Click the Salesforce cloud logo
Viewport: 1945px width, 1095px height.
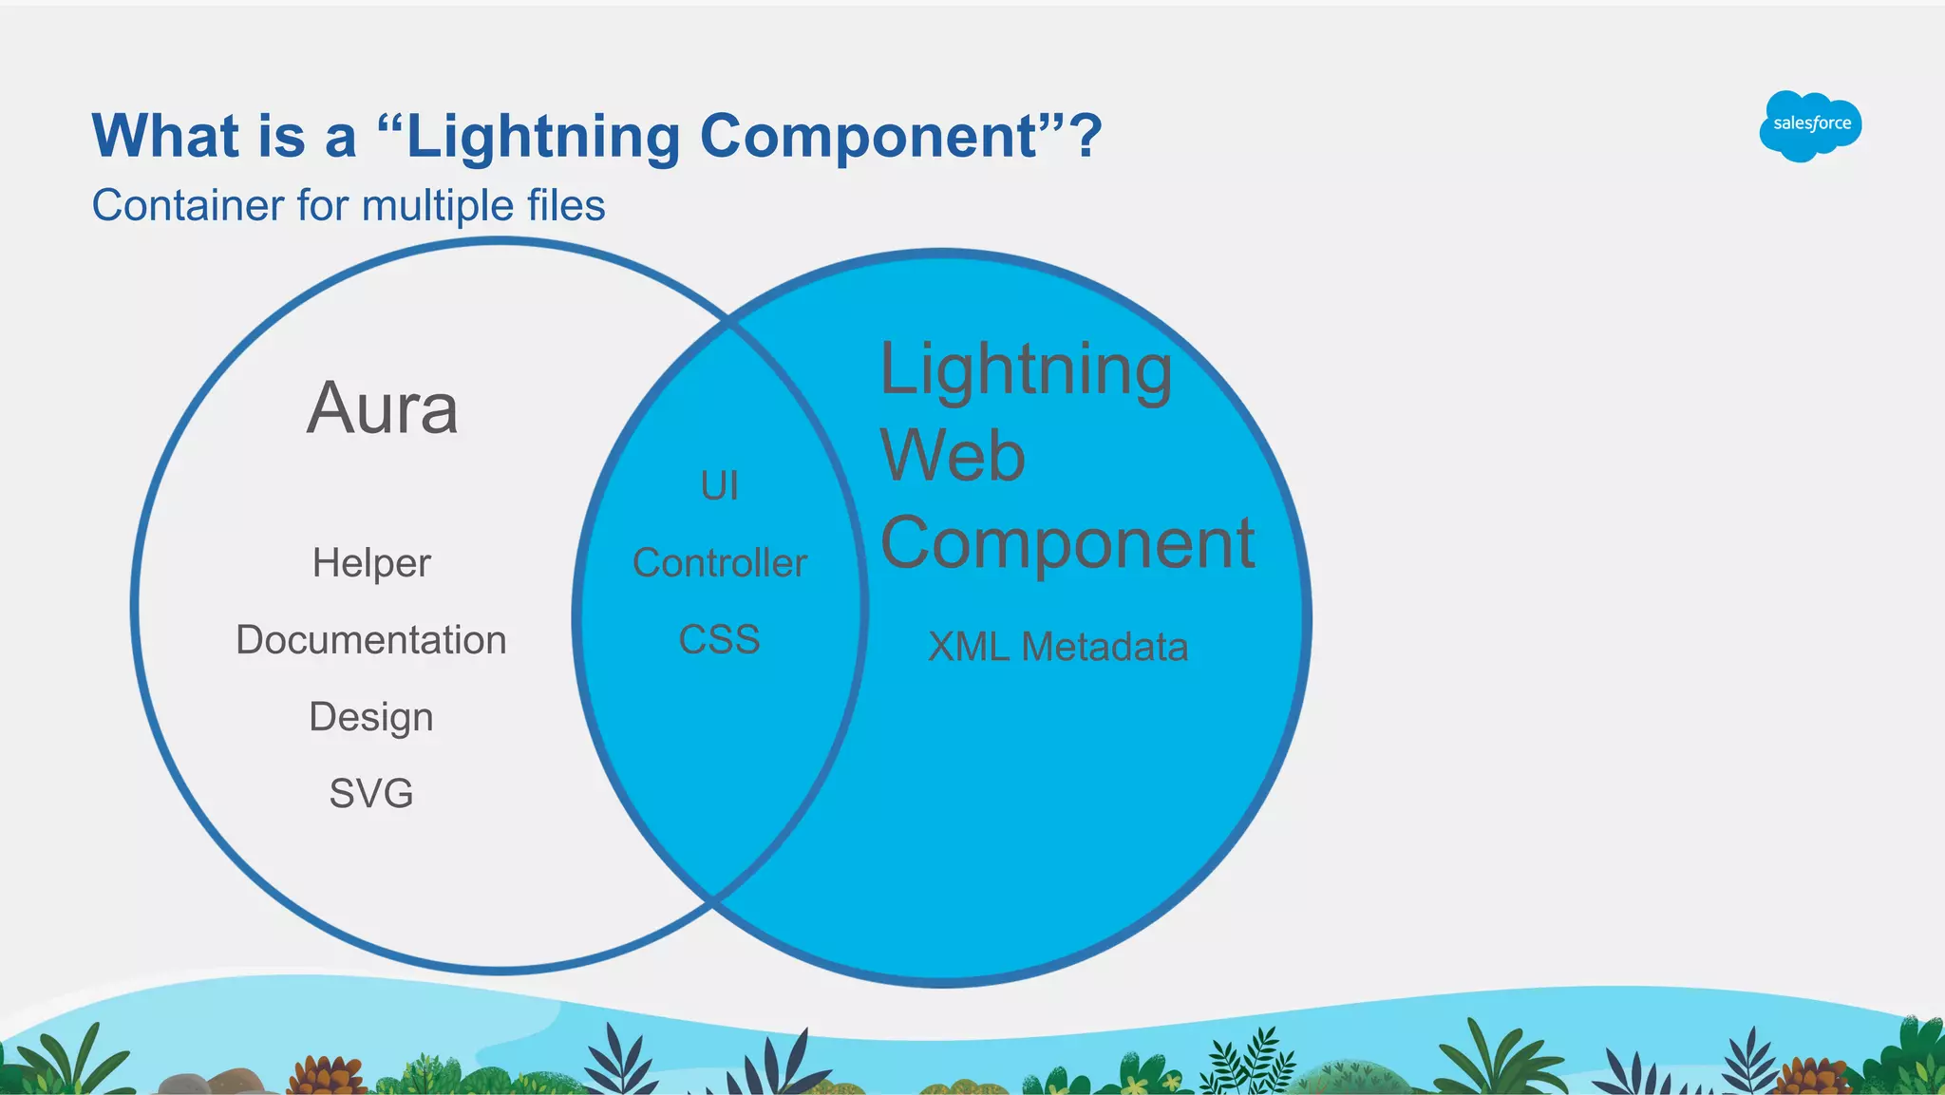click(x=1810, y=124)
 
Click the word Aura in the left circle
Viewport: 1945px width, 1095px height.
click(x=383, y=408)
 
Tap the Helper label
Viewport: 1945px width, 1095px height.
click(x=371, y=563)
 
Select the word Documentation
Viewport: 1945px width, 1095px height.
click(x=371, y=640)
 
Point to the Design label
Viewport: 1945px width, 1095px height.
click(x=371, y=717)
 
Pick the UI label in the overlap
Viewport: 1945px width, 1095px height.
click(x=719, y=486)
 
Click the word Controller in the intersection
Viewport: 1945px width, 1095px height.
click(x=719, y=563)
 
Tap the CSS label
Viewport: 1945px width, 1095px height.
click(x=719, y=640)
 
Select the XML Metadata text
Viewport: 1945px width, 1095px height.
click(x=1057, y=648)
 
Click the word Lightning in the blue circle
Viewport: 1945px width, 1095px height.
click(x=1026, y=370)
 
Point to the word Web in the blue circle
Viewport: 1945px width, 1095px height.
click(x=953, y=456)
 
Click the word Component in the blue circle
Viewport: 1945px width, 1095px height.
click(x=1067, y=543)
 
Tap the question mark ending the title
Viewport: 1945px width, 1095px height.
click(x=1086, y=136)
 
